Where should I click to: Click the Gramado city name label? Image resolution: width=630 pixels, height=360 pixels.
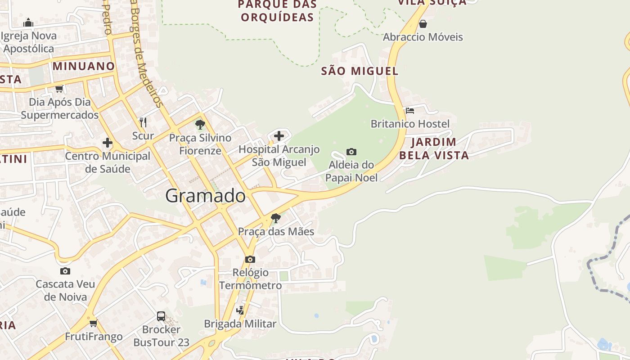[206, 196]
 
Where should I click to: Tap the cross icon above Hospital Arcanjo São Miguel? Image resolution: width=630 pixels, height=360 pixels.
[279, 135]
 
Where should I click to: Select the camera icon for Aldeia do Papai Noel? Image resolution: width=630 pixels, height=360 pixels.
[351, 152]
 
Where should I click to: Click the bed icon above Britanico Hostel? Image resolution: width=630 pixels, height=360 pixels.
[410, 110]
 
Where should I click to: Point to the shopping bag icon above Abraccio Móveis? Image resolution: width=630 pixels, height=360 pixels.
[423, 24]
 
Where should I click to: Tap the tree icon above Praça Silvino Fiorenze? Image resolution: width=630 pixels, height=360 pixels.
[200, 125]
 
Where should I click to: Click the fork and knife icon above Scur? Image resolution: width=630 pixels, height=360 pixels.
[143, 122]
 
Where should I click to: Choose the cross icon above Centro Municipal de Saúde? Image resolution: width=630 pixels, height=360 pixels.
[108, 143]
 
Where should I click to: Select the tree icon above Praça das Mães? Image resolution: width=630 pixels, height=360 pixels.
[276, 219]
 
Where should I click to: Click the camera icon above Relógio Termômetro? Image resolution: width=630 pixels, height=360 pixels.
[250, 259]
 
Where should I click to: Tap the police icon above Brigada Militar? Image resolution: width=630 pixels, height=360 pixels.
[240, 310]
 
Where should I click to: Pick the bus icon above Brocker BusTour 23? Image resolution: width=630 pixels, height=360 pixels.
[161, 316]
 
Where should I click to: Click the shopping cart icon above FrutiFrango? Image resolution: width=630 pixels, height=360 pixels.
[94, 323]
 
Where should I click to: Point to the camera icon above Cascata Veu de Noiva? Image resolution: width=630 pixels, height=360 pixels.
[65, 271]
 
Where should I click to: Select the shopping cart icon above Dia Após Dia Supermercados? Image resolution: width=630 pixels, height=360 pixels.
[59, 89]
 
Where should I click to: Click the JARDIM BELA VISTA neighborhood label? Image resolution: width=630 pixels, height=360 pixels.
[434, 148]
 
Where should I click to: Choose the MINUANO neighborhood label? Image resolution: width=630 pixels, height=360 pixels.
[84, 66]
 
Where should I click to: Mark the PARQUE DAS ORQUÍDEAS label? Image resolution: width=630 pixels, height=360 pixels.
[277, 11]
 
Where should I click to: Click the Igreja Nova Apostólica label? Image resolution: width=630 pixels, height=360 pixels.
[29, 42]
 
